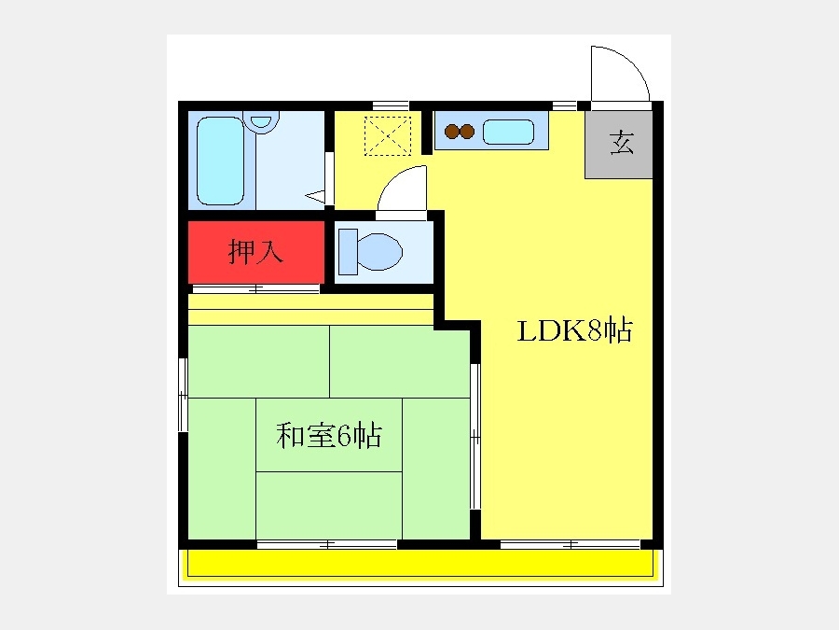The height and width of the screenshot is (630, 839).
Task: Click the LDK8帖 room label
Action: coord(574,330)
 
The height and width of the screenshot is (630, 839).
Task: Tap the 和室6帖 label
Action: coord(329,435)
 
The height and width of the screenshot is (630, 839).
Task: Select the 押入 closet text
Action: coord(255,251)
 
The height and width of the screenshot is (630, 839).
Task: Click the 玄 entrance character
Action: coord(622,143)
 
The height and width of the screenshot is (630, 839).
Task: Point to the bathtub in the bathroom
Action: coord(220,161)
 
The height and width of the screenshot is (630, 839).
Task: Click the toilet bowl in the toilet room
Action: coord(380,251)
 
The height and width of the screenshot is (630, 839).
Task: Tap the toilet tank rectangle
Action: coord(348,252)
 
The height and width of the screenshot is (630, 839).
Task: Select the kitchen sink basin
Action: coord(508,132)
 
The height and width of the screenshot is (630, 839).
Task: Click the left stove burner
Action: coord(452,132)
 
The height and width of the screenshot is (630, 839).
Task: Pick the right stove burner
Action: coord(468,132)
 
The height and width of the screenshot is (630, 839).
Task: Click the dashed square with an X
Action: coord(388,135)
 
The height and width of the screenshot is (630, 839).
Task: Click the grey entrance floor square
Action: coord(619,144)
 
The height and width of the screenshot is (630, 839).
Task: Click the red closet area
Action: coord(256,252)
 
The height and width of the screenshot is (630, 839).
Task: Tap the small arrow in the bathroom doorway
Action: coord(315,196)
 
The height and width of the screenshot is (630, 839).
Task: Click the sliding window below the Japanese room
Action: coord(327,545)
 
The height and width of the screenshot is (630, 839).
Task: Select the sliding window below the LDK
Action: coord(571,545)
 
